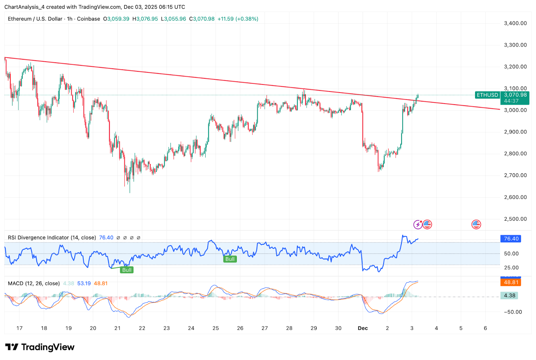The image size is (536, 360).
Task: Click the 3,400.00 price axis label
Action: [x=515, y=23]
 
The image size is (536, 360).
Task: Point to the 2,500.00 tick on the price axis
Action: [x=515, y=219]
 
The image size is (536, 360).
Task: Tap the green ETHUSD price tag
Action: [x=487, y=95]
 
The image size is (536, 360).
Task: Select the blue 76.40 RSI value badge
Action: [x=511, y=239]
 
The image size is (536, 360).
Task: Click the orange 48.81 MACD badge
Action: [x=511, y=282]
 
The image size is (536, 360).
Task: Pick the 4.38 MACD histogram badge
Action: [x=509, y=295]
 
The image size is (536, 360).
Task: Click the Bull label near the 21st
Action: [x=127, y=270]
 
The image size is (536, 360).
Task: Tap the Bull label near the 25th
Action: [x=230, y=259]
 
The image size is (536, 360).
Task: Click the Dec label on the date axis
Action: [x=363, y=328]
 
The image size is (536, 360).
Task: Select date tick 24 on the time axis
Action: [x=191, y=328]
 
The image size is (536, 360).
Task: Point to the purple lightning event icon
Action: [x=418, y=224]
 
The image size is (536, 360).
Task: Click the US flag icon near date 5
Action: [x=476, y=224]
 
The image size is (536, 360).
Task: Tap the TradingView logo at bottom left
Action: [x=40, y=347]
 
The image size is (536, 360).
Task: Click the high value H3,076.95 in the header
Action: [x=145, y=19]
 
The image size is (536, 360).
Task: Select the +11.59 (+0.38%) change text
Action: [x=238, y=19]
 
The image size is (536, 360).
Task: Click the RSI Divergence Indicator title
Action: [x=52, y=237]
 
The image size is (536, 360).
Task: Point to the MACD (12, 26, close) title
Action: [x=34, y=283]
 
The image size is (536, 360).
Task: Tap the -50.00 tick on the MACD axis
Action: [x=513, y=312]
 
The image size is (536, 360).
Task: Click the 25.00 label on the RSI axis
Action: [x=511, y=267]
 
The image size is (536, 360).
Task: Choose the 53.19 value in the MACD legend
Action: [x=84, y=283]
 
